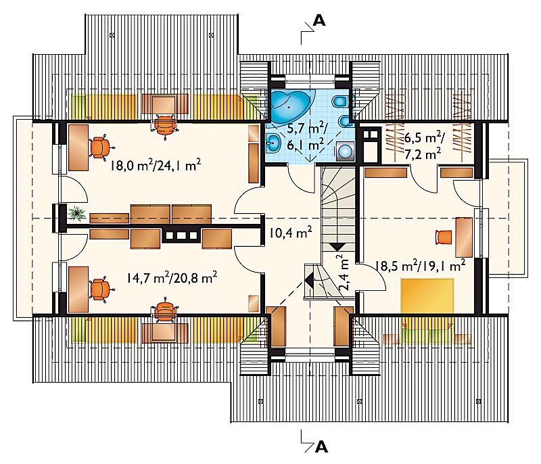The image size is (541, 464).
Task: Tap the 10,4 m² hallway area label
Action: pyautogui.click(x=291, y=233)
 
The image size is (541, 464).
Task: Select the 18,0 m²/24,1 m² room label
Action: pyautogui.click(x=156, y=165)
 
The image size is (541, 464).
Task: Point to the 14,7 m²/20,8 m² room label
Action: pyautogui.click(x=172, y=277)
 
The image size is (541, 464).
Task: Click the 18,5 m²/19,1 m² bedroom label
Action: pyautogui.click(x=420, y=266)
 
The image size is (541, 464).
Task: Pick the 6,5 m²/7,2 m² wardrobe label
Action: pyautogui.click(x=423, y=147)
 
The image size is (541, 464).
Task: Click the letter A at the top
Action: pyautogui.click(x=319, y=21)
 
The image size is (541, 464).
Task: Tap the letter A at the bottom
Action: pyautogui.click(x=321, y=447)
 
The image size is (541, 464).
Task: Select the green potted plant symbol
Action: pyautogui.click(x=77, y=213)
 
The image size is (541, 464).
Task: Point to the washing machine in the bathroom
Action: pyautogui.click(x=345, y=151)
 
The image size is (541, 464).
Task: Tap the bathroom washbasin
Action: pyautogui.click(x=275, y=143)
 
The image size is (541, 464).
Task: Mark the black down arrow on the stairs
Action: pyautogui.click(x=337, y=247)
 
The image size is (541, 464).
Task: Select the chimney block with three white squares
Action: pyautogui.click(x=181, y=235)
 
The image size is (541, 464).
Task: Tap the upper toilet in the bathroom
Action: pyautogui.click(x=340, y=101)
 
